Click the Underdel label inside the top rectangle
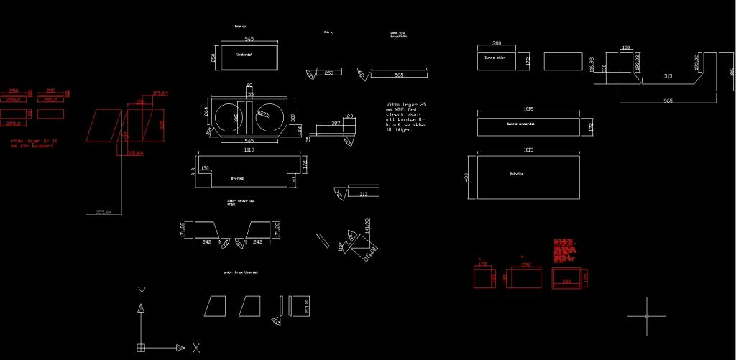(x=244, y=55)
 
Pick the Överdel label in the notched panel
(x=237, y=178)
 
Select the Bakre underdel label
(x=522, y=124)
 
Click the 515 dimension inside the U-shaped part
(x=668, y=75)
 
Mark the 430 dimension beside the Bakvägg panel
(x=467, y=176)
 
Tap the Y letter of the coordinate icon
(x=142, y=292)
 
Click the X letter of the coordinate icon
(x=195, y=348)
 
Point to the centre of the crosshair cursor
(x=646, y=316)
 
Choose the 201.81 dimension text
(x=307, y=305)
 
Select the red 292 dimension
(x=525, y=265)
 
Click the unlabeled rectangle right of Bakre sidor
(x=562, y=61)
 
